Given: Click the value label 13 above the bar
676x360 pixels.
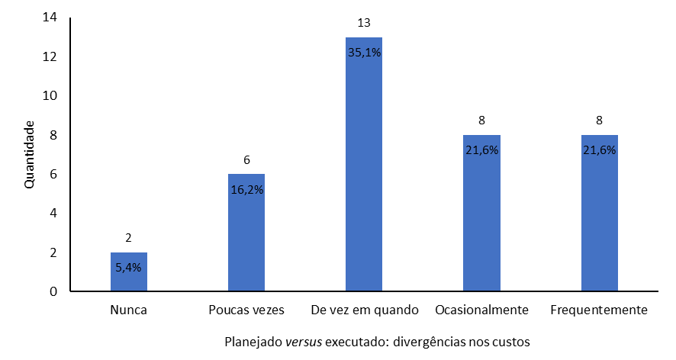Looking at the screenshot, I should (x=364, y=24).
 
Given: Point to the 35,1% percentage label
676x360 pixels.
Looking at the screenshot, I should (x=364, y=53).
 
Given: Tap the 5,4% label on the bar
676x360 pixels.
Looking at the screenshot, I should (x=128, y=268).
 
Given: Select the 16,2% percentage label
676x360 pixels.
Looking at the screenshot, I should (x=246, y=189).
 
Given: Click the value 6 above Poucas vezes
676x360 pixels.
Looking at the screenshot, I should (x=246, y=160).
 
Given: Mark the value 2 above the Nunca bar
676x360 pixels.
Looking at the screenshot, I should (x=128, y=239).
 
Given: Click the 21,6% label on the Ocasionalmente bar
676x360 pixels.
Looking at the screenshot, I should (x=481, y=150).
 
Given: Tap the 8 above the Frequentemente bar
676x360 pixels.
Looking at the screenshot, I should (x=599, y=121).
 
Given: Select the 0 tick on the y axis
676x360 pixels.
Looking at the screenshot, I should (x=53, y=291).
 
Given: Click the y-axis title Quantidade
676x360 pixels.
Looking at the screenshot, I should (x=30, y=155).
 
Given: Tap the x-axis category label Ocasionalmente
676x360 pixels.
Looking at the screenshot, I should (x=481, y=310).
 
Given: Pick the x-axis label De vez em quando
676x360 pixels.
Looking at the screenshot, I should (x=365, y=310).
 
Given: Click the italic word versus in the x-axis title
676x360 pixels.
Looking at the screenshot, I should (x=304, y=341).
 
